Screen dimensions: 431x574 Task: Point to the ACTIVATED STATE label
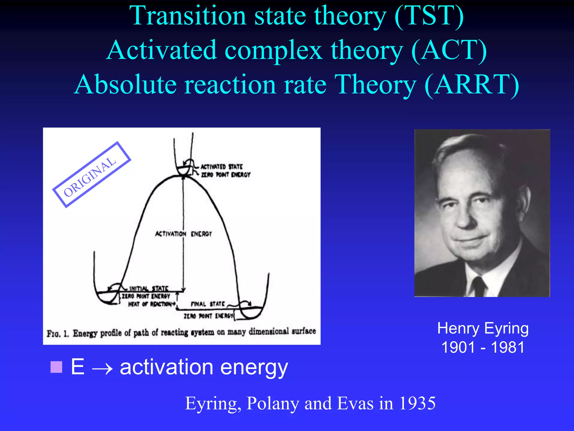point(221,167)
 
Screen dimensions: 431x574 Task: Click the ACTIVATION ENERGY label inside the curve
point(184,234)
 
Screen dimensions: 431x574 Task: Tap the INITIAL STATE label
point(149,288)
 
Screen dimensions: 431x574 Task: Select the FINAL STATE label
point(208,304)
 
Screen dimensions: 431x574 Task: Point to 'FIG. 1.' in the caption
point(57,334)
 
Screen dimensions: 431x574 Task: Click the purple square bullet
point(56,367)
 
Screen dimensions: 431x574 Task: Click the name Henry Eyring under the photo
point(483,329)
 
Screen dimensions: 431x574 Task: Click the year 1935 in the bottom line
point(417,404)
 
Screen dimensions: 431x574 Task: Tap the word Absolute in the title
point(126,85)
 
